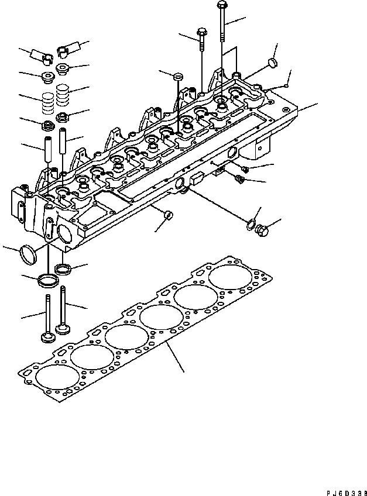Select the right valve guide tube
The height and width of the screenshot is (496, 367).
[x=63, y=143]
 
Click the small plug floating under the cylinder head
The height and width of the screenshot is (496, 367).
[x=168, y=215]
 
